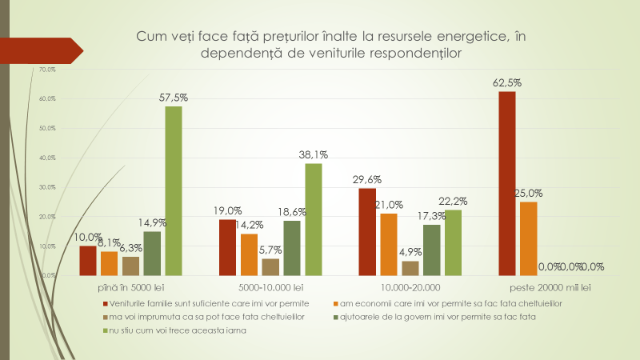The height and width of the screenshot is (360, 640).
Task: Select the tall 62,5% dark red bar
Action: click(506, 183)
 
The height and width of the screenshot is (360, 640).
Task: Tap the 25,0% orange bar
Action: click(528, 238)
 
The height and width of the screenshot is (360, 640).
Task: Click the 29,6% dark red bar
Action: click(367, 231)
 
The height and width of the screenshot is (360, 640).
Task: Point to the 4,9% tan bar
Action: click(410, 268)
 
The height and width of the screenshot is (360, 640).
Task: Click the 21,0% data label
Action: click(390, 205)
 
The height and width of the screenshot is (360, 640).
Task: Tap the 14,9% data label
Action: click(152, 222)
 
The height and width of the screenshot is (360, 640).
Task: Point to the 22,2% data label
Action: click(454, 201)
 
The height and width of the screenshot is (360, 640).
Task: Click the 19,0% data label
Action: click(227, 210)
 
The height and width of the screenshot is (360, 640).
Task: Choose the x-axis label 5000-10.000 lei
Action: click(270, 286)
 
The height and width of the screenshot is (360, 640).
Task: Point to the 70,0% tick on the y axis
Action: click(46, 70)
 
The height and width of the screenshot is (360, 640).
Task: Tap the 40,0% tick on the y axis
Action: click(46, 158)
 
